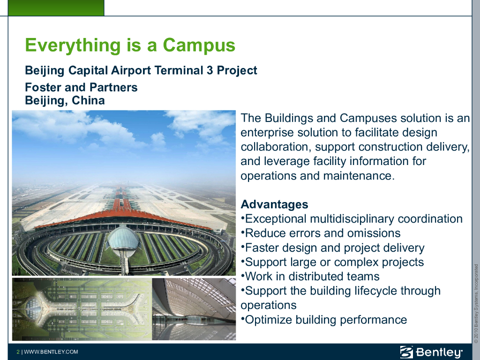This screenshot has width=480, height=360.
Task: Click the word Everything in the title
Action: [73, 45]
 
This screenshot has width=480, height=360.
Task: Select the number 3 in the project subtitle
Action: [210, 70]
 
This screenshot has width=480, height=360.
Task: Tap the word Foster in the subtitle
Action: [43, 87]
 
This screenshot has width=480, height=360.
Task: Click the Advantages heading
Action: [274, 204]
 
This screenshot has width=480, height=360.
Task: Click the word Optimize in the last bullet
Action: [269, 320]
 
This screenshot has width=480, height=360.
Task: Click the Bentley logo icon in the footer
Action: [406, 352]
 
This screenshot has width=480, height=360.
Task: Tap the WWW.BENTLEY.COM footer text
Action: [51, 352]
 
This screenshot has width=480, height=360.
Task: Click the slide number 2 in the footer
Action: [18, 352]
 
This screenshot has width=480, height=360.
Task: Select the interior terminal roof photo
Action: [194, 309]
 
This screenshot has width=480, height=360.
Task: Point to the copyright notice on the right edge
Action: [476, 303]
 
